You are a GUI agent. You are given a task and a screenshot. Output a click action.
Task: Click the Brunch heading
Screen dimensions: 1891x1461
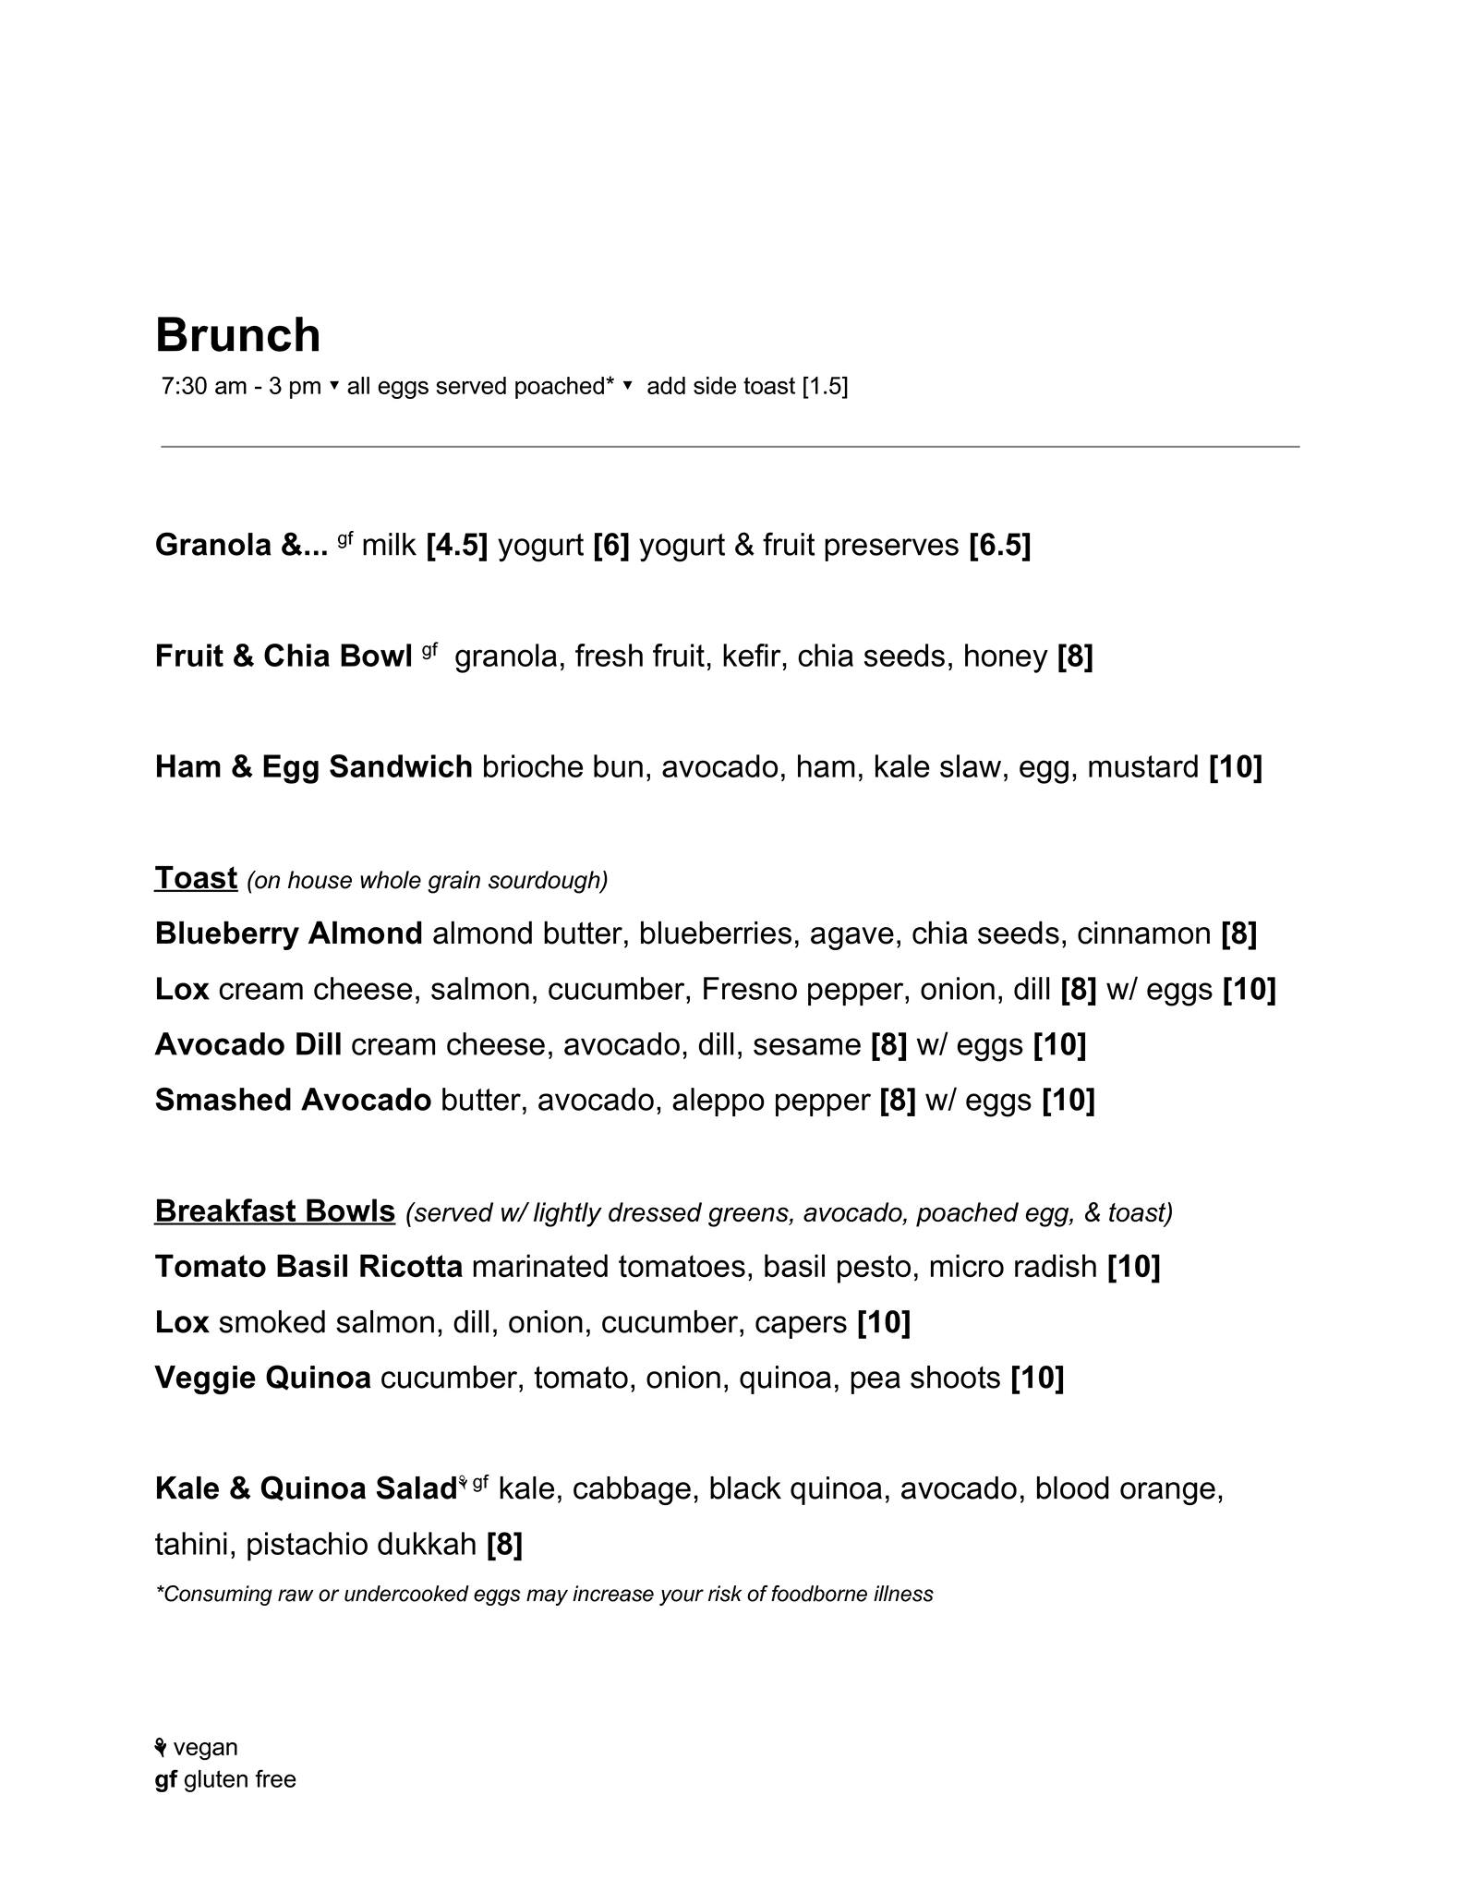[237, 335]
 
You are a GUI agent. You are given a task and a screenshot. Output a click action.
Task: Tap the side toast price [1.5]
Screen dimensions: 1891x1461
[825, 386]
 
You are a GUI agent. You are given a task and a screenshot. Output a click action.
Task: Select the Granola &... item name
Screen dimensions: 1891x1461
[241, 545]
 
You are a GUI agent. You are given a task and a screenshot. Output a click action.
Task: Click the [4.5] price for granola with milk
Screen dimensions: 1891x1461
[456, 545]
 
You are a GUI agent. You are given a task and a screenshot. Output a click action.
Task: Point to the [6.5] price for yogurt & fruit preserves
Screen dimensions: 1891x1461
[999, 545]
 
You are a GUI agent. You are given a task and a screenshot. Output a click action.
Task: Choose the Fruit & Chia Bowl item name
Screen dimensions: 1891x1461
[283, 656]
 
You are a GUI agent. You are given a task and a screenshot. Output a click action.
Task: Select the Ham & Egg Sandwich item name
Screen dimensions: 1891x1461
[313, 766]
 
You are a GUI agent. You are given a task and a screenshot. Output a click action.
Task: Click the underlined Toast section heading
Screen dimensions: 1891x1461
[196, 877]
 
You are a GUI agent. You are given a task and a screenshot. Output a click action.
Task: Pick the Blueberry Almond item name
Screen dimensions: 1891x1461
[288, 933]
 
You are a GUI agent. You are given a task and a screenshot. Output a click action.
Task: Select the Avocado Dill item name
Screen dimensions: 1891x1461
[248, 1044]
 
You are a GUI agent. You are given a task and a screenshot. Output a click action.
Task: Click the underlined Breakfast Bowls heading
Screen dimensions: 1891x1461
[274, 1210]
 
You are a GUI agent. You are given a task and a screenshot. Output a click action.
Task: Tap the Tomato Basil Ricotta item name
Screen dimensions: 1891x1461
[308, 1266]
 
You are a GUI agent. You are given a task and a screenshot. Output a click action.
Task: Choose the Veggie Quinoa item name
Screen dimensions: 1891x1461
[262, 1378]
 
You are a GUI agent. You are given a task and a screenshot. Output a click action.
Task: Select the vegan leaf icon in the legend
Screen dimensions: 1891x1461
[161, 1747]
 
